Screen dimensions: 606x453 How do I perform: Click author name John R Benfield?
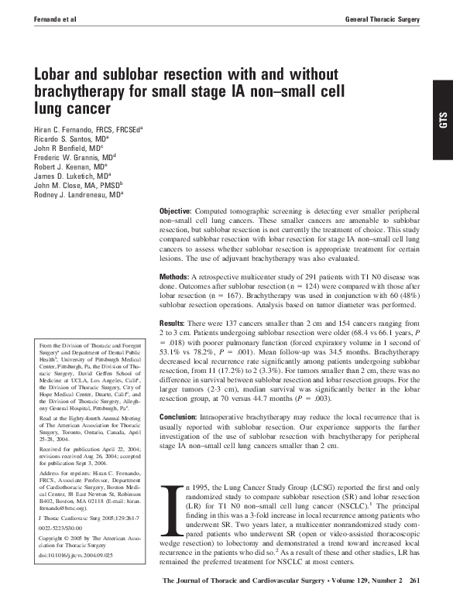(63, 150)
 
